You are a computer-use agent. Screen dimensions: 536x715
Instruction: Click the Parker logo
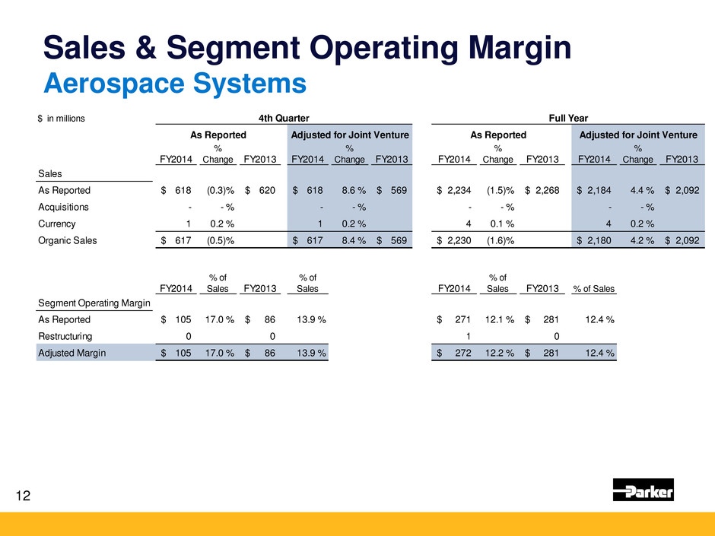(x=643, y=490)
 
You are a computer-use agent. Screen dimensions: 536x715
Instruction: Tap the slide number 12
(x=24, y=496)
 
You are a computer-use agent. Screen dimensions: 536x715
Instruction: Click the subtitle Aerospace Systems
(x=175, y=83)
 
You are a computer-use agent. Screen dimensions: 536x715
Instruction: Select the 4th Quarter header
(x=283, y=118)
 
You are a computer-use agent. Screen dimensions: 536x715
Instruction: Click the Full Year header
(x=568, y=118)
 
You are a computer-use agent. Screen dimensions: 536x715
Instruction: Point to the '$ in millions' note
(x=62, y=118)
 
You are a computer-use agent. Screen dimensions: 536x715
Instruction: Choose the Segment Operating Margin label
(x=94, y=303)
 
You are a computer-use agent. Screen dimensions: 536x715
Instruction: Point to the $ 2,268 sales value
(x=542, y=190)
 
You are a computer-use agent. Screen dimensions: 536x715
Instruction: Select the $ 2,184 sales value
(x=600, y=190)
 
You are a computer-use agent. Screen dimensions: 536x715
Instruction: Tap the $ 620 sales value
(x=255, y=190)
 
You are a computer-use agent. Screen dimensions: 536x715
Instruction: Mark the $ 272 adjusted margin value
(x=455, y=354)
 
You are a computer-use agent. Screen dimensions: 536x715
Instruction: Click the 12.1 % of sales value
(x=499, y=319)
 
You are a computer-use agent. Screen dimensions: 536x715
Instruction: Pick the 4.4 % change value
(x=637, y=190)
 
